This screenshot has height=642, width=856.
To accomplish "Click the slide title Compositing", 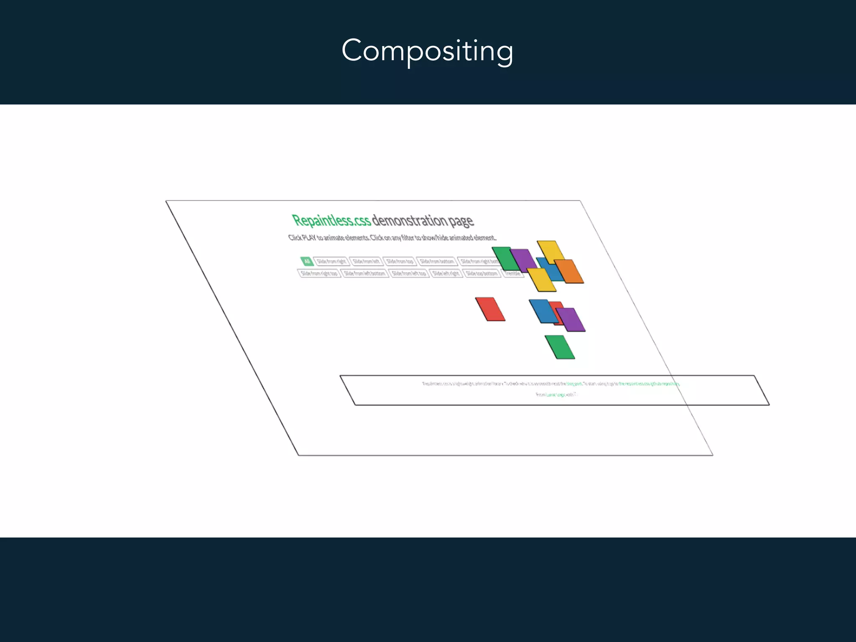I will [427, 51].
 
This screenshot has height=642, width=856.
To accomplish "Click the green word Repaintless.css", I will [331, 220].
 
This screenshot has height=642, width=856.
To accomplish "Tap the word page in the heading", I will [461, 221].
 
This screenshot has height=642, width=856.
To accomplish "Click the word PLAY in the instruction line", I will [309, 238].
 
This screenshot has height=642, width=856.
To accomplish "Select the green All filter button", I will [307, 261].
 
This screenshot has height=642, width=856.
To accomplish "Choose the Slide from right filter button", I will [331, 262].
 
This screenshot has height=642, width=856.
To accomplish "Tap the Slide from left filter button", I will [366, 262].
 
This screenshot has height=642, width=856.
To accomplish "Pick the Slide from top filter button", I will [400, 262].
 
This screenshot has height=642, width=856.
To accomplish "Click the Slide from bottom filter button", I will [437, 262].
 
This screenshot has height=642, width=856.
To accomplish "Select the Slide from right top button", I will [319, 273].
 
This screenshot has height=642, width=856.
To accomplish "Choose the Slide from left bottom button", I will [364, 273].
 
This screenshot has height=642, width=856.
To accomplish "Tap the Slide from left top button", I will [409, 273].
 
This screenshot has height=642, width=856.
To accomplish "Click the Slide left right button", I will [446, 273].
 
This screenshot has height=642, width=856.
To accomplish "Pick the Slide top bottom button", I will [482, 273].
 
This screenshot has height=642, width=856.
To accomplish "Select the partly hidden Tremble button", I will [512, 273].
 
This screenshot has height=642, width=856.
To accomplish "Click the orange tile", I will [570, 271].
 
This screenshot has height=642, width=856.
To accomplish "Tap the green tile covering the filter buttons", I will [505, 258].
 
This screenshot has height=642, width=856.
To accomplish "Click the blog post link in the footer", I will [574, 384].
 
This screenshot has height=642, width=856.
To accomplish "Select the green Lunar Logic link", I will [556, 395].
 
